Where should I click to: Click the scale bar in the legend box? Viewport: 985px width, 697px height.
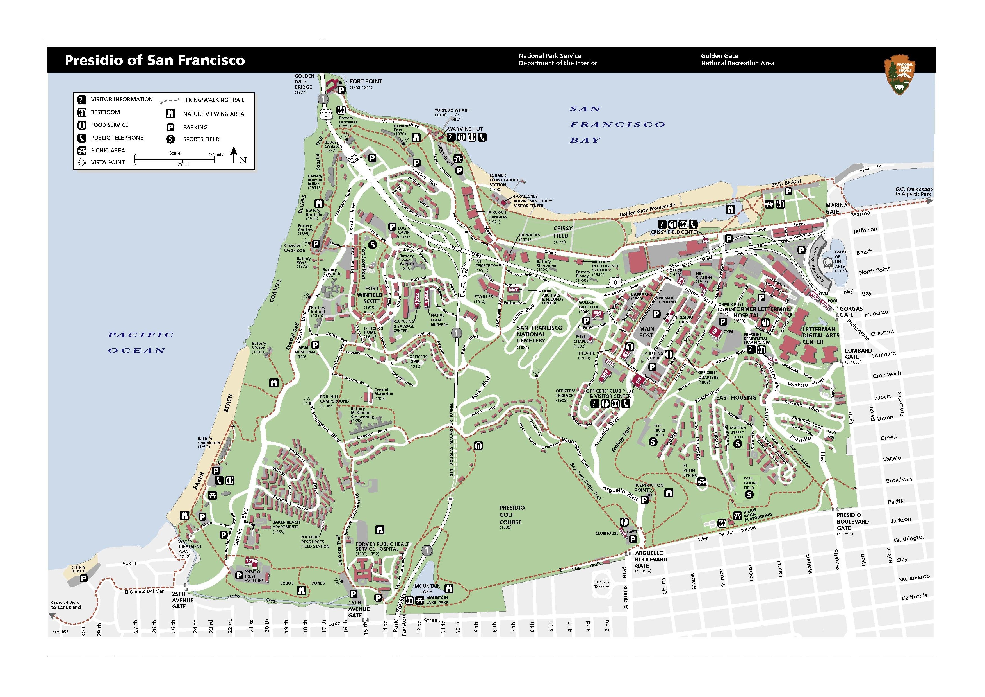pyautogui.click(x=175, y=160)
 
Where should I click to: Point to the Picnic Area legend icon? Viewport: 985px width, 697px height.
pyautogui.click(x=81, y=151)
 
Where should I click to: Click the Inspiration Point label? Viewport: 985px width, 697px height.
pyautogui.click(x=649, y=488)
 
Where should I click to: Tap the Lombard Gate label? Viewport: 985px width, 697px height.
pyautogui.click(x=858, y=353)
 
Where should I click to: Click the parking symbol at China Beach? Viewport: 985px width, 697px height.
pyautogui.click(x=84, y=578)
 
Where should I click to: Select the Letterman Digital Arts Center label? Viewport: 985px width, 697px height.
pyautogui.click(x=818, y=335)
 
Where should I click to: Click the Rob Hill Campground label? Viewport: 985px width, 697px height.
pyautogui.click(x=334, y=399)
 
